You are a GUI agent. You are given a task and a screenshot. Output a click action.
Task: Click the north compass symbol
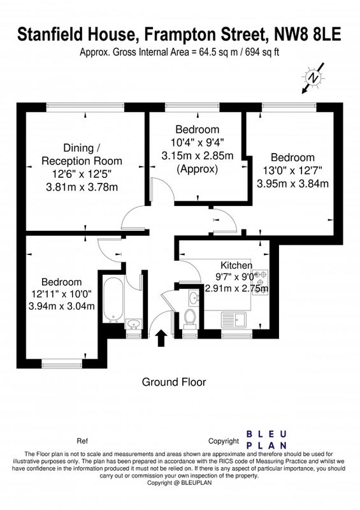[312, 78]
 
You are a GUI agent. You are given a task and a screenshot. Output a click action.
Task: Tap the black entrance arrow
[161, 339]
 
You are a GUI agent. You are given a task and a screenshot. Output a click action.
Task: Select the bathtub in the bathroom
[113, 299]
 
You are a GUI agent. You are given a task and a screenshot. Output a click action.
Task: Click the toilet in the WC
[189, 317]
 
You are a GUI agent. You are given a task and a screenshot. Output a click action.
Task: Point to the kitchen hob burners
[262, 282]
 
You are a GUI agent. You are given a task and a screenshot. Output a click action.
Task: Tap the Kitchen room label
[236, 265]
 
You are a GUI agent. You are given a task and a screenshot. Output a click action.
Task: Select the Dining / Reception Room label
[82, 154]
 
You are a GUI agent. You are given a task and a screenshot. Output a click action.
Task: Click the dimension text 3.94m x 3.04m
[62, 306]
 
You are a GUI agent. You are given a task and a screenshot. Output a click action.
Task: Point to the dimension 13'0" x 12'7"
[292, 170]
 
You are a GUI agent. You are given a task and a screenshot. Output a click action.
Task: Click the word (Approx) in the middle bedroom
[197, 169]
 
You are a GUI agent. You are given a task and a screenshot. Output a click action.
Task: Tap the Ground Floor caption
[174, 382]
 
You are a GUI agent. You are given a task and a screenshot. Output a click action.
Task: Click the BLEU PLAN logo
[266, 440]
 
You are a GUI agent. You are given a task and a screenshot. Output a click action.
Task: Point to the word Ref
[82, 441]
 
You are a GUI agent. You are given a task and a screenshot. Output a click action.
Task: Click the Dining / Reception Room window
[85, 105]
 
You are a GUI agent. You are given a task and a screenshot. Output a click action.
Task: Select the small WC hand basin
[194, 297]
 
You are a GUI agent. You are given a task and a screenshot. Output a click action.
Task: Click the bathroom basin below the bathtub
[133, 324]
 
